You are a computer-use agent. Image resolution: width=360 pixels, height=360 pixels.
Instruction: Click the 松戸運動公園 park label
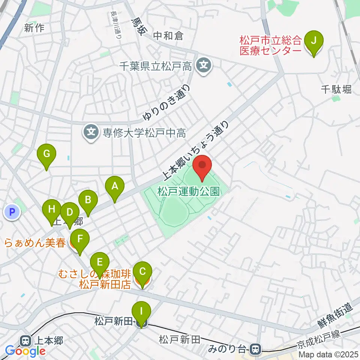(188, 192)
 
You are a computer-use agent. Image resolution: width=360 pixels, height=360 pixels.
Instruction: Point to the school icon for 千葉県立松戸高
(203, 66)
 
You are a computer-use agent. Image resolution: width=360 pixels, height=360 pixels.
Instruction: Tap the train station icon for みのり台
(256, 349)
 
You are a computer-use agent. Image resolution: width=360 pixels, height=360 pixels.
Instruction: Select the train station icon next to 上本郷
(26, 340)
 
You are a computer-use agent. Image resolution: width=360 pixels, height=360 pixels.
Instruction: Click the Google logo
(25, 351)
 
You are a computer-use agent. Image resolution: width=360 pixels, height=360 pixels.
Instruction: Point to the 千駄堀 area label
(336, 89)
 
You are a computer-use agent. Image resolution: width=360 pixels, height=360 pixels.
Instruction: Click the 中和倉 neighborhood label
(168, 36)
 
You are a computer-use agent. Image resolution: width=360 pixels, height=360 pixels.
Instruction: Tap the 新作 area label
(34, 28)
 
